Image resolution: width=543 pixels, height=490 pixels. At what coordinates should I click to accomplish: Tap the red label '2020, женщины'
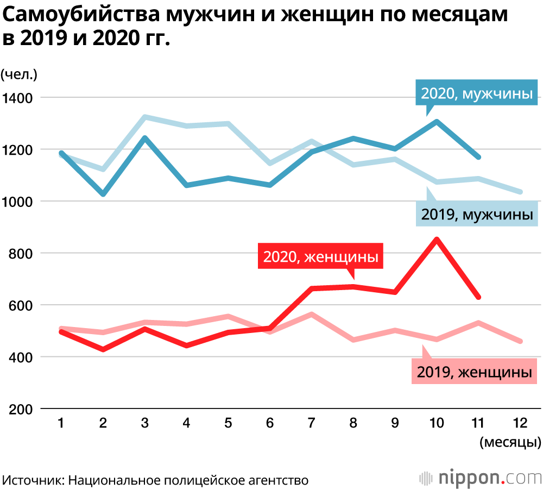point(320,256)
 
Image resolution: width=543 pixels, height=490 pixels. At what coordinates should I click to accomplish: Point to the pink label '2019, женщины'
point(474,372)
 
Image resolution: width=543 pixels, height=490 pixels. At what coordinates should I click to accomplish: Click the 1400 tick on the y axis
point(18,98)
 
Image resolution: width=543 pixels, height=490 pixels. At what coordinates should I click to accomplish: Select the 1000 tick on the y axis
point(18,202)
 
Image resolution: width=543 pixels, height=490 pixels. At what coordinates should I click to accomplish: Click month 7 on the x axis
point(311,423)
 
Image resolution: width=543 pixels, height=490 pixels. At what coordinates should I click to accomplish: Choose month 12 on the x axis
point(520,423)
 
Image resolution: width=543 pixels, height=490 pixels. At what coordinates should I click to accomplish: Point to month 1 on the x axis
point(61,423)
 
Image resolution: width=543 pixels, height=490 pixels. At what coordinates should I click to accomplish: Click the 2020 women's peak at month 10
point(437,239)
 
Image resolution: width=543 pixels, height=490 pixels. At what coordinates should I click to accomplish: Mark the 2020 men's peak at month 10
point(437,121)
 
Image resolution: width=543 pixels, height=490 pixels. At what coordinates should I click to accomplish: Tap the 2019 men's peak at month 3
point(144,117)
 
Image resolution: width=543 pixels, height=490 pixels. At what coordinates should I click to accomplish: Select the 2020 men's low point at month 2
point(103,194)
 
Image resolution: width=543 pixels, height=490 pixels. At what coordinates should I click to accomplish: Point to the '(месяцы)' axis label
point(510,442)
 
